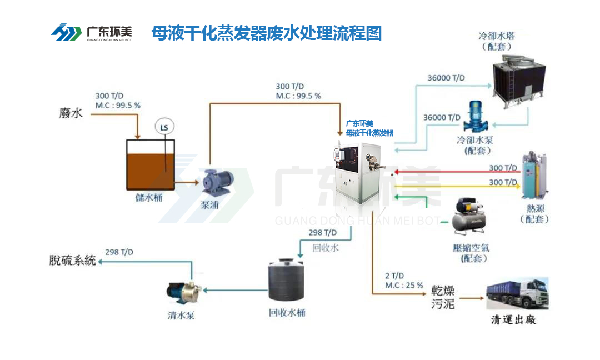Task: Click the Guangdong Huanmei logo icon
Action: (x=66, y=33)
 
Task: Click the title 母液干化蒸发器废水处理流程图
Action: (x=267, y=33)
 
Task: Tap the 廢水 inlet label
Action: (x=71, y=113)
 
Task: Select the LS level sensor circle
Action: (x=164, y=127)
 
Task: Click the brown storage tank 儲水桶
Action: (x=150, y=164)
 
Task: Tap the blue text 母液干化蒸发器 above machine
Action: (x=369, y=133)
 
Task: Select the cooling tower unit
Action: (x=511, y=83)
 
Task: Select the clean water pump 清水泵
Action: (x=183, y=292)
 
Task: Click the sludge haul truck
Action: (x=517, y=294)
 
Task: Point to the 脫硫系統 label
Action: (x=72, y=260)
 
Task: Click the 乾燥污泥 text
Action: (x=443, y=297)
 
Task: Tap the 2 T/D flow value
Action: (x=394, y=276)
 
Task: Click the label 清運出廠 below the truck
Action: (x=513, y=320)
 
